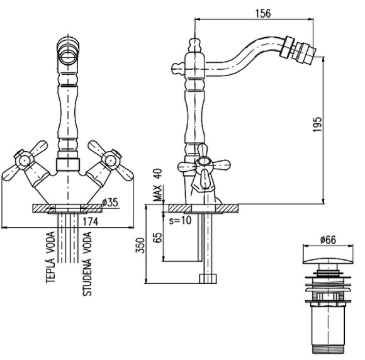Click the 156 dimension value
[263, 13]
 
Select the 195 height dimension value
[317, 125]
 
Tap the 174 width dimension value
[91, 222]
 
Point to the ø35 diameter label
[110, 203]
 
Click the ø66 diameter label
[328, 240]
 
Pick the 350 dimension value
[140, 245]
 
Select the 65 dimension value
[158, 237]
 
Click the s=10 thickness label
[180, 220]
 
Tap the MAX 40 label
[157, 185]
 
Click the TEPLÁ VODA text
[50, 257]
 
